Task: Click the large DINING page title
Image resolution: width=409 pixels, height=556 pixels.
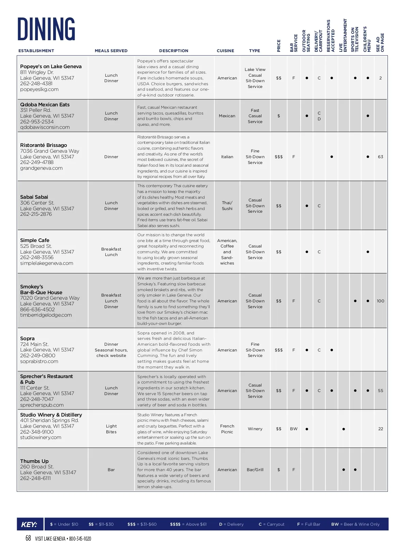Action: (46, 29)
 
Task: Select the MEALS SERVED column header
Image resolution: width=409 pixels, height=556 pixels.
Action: (111, 51)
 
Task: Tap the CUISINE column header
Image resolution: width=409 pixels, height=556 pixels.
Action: (225, 51)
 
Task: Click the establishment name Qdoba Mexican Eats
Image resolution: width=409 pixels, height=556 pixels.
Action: (45, 105)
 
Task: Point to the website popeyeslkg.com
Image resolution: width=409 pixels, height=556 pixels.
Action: (39, 89)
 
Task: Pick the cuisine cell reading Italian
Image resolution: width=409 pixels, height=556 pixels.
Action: (227, 157)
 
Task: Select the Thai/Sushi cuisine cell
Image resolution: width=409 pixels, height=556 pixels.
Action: (227, 206)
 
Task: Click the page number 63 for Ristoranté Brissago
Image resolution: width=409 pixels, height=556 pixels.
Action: (380, 157)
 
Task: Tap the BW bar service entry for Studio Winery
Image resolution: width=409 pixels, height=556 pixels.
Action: (293, 429)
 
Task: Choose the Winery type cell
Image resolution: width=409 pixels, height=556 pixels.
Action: (255, 429)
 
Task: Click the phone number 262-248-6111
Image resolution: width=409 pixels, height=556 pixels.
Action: (35, 478)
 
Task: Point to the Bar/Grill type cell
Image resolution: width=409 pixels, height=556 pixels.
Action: (255, 470)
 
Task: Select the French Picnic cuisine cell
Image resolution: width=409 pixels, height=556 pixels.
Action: (227, 429)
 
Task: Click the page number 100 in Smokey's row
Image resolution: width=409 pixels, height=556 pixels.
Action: (380, 301)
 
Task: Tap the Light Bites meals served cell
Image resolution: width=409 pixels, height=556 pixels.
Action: (111, 429)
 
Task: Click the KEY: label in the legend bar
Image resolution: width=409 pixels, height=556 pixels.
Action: (29, 525)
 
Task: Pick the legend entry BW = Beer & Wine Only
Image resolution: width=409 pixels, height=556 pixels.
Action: (355, 524)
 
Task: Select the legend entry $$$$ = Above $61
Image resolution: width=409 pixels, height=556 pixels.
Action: (188, 524)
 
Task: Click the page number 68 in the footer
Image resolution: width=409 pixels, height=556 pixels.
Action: (28, 538)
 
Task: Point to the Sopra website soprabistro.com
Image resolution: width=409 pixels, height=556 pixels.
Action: (39, 361)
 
